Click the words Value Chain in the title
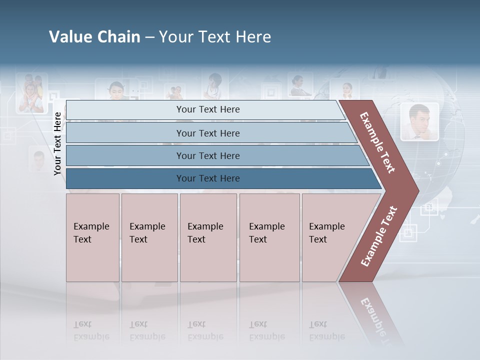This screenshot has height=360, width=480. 94,37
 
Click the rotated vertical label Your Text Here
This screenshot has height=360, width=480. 57,143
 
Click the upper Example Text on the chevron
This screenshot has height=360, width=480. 377,142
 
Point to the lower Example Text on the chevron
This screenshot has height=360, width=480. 378,236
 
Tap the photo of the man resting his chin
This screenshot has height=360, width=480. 419,121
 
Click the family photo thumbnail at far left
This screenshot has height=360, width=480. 31,93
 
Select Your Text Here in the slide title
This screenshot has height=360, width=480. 215,37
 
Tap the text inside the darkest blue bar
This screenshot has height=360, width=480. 208,178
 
